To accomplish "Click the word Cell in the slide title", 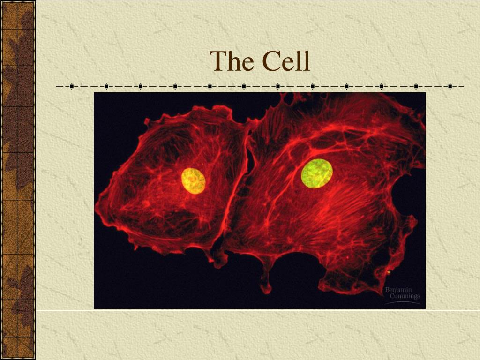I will (286, 61).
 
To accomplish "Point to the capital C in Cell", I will (271, 62).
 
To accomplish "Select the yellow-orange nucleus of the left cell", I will (194, 180).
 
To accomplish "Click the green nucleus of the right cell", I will (317, 173).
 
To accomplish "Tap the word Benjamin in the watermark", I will (398, 290).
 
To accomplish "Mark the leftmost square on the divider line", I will (72, 86).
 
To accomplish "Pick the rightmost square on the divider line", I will (450, 86).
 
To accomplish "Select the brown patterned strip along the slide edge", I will (17, 180).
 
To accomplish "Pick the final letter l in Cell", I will (307, 61).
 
